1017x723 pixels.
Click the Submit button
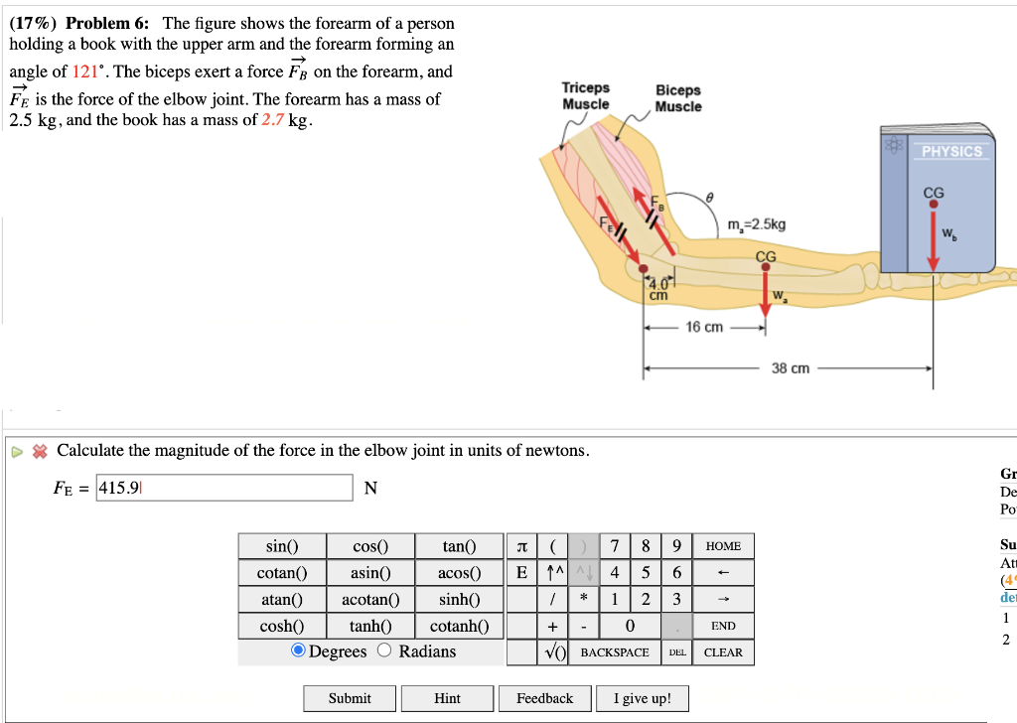click(350, 698)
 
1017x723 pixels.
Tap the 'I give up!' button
click(644, 698)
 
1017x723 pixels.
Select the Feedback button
click(544, 698)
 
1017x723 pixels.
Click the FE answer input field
click(224, 488)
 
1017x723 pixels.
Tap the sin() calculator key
click(282, 546)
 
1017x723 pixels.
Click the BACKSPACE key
click(615, 652)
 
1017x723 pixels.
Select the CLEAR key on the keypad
click(723, 652)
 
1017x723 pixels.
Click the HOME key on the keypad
click(723, 546)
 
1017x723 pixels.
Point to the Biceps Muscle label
click(677, 98)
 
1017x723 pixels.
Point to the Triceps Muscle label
click(586, 96)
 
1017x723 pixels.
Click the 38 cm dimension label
click(791, 368)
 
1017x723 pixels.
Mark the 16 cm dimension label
click(704, 328)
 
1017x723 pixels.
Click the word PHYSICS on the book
click(951, 152)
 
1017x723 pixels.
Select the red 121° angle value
click(87, 72)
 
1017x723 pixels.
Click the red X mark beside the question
click(40, 451)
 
